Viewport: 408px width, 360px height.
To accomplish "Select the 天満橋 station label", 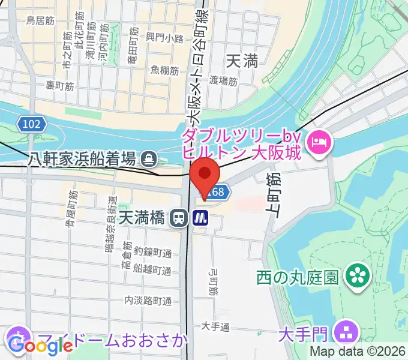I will pyautogui.click(x=142, y=217).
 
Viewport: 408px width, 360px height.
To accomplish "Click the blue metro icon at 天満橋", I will pyautogui.click(x=200, y=218).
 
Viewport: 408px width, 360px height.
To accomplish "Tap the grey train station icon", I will pyautogui.click(x=178, y=218).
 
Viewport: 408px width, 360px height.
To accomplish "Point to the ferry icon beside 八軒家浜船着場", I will pyautogui.click(x=148, y=159).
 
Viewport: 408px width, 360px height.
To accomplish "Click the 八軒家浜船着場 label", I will pyautogui.click(x=82, y=159).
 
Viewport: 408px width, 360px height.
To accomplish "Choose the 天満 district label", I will pyautogui.click(x=242, y=60).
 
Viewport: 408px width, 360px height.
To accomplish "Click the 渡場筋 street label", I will pyautogui.click(x=223, y=81).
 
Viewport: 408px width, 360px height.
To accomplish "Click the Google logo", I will pyautogui.click(x=41, y=346).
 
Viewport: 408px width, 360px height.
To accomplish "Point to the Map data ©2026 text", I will pyautogui.click(x=358, y=352).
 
